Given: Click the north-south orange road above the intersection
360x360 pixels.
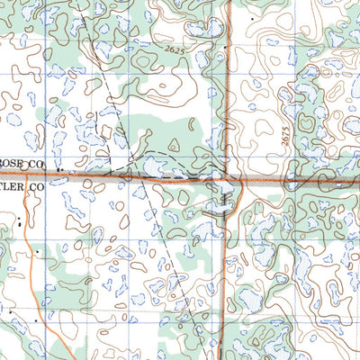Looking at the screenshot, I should (x=227, y=90).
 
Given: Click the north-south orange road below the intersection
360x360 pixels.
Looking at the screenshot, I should (x=223, y=270).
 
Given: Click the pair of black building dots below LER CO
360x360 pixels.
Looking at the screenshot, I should (x=19, y=216).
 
